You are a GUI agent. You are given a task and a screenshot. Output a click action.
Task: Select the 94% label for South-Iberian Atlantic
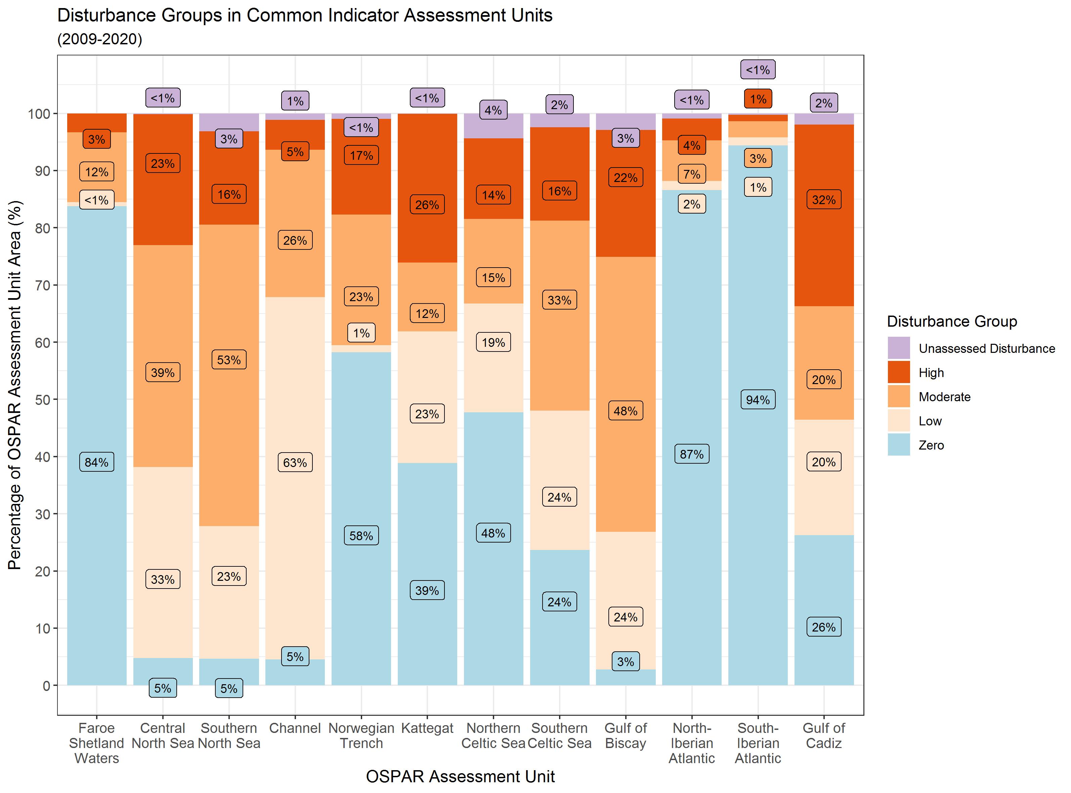(x=758, y=400)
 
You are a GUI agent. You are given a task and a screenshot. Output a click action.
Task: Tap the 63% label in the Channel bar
(x=295, y=462)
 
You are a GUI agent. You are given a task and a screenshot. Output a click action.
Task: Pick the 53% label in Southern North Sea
(x=228, y=360)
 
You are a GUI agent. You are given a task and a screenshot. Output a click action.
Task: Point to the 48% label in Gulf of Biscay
(x=625, y=411)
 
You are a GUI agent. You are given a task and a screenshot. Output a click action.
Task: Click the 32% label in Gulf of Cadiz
(x=824, y=200)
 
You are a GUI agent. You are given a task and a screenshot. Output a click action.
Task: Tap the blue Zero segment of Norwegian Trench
(x=361, y=600)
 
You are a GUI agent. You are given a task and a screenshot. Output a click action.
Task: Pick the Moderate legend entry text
(x=944, y=397)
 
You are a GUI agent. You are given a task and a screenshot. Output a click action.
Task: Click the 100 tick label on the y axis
(x=39, y=114)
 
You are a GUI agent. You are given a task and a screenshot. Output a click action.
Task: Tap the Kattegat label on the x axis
(x=427, y=728)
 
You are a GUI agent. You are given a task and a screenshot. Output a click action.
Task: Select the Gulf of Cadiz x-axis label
(x=824, y=735)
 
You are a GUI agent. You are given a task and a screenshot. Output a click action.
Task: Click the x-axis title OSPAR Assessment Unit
(x=460, y=776)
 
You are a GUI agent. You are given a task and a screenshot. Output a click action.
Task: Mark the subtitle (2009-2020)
(x=100, y=39)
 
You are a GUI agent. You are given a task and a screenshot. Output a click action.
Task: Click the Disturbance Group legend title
(x=952, y=321)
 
